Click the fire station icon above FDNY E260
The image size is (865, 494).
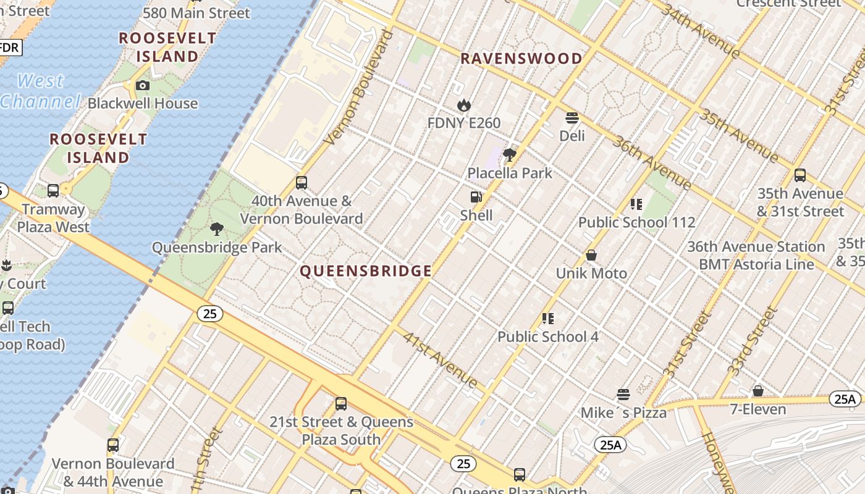click(463, 106)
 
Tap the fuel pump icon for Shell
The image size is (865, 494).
click(476, 197)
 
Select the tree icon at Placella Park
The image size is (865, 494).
click(510, 155)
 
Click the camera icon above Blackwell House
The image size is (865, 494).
click(143, 85)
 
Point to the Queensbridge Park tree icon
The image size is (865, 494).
click(216, 229)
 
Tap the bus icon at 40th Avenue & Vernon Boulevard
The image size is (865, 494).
click(302, 183)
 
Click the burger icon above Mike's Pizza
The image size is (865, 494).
click(623, 395)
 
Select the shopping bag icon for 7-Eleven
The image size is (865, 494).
click(757, 391)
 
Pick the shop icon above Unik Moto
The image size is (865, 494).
click(591, 255)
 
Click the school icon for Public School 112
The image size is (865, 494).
click(636, 204)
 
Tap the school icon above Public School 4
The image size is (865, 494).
click(547, 319)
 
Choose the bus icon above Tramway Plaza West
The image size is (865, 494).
click(53, 191)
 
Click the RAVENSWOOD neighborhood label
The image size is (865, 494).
click(521, 59)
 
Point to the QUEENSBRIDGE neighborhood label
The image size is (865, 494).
click(366, 271)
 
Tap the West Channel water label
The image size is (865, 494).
click(40, 91)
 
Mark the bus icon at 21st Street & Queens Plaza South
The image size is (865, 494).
click(341, 404)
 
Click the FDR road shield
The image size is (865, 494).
click(9, 48)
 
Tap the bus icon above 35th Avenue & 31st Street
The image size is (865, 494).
click(800, 175)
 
